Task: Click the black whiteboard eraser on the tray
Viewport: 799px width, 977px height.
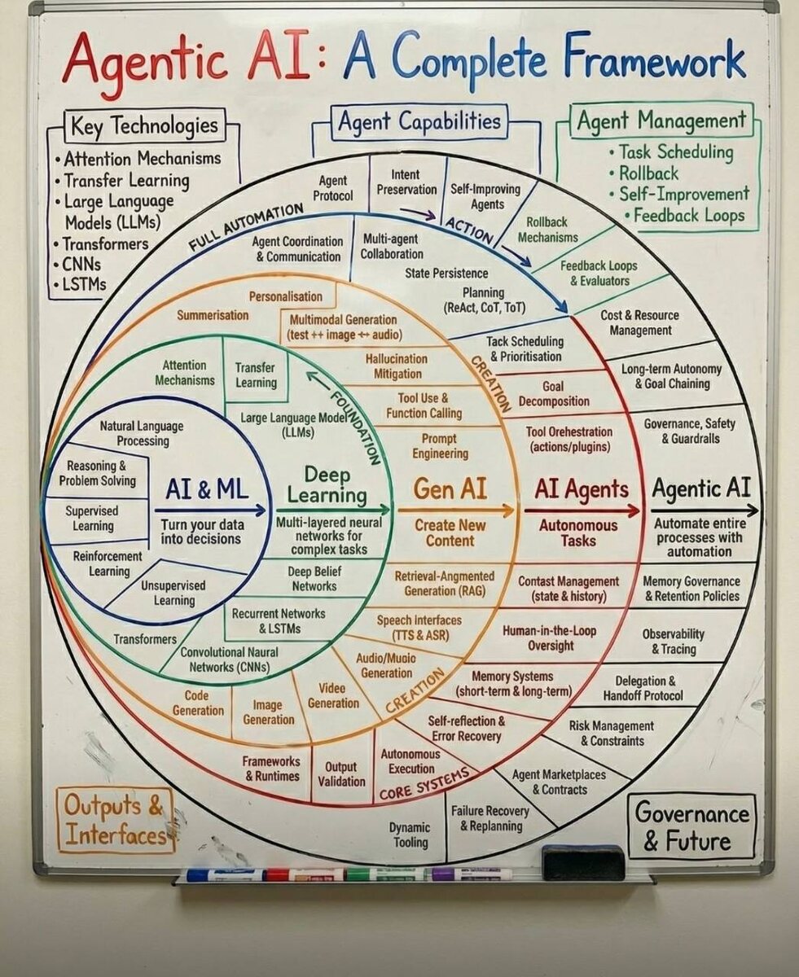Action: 583,862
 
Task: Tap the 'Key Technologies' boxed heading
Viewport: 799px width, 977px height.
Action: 144,125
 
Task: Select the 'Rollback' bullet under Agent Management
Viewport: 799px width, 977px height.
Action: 648,173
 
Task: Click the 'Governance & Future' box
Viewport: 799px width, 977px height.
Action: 692,826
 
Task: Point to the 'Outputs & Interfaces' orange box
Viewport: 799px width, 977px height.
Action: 114,820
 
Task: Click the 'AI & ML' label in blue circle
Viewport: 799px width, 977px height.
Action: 207,489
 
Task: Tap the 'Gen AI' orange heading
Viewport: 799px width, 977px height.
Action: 450,488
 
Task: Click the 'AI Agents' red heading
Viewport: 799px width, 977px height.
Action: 582,489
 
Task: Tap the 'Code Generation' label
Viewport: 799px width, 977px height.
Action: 197,703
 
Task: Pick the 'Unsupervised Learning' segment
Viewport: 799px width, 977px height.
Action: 174,593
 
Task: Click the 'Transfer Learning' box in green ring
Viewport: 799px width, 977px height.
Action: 256,375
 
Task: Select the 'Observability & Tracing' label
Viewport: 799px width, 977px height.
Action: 674,642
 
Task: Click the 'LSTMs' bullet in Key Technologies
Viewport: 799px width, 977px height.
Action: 85,285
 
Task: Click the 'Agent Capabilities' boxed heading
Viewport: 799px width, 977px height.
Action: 419,122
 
